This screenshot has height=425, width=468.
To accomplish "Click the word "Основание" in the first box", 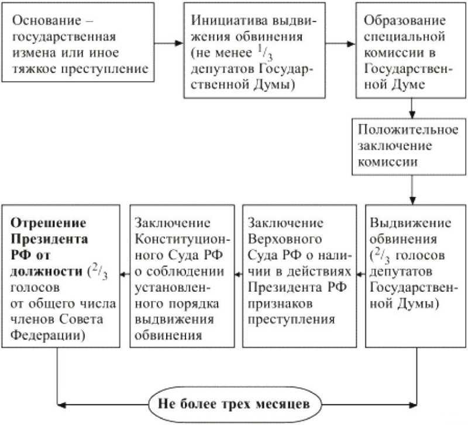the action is [47, 21].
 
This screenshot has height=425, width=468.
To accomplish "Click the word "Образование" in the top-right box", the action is [405, 21].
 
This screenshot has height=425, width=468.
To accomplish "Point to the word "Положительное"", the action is [408, 130].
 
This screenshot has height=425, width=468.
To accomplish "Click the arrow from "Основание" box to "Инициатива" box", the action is [168, 43].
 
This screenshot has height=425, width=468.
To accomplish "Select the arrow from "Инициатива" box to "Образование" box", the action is [340, 44].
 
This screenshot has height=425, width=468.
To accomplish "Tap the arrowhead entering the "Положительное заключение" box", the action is [412, 114].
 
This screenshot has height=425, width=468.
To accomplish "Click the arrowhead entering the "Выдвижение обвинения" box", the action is [412, 201].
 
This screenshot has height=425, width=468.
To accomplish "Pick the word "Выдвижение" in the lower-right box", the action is [411, 223].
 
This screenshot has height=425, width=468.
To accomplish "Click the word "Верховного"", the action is [285, 239].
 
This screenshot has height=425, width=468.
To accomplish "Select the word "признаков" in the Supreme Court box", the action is [280, 304].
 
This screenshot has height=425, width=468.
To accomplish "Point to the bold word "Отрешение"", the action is [49, 223].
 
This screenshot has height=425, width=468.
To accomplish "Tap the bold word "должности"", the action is [47, 272].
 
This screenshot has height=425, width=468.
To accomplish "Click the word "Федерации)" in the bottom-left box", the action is [48, 336].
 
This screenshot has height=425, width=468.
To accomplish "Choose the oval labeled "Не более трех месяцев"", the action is [235, 405].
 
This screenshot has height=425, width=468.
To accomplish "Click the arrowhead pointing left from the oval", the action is [61, 405].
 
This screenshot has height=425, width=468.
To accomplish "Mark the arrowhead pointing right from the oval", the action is [414, 405].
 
